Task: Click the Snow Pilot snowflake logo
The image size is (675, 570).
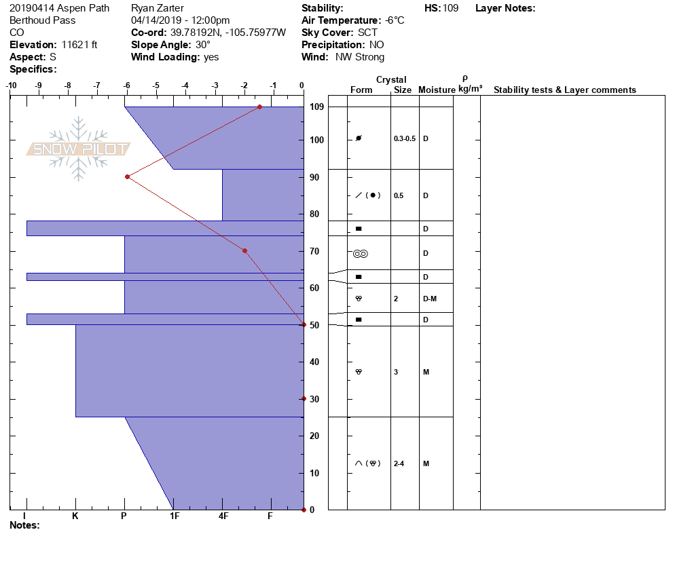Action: [78, 149]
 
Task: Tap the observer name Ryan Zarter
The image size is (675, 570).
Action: [157, 8]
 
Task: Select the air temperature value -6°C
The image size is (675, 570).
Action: [395, 20]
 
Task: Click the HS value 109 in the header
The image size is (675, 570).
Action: [450, 8]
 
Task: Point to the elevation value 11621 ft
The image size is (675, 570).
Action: [79, 45]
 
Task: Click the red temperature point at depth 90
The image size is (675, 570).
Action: [128, 177]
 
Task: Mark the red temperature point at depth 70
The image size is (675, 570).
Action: [245, 251]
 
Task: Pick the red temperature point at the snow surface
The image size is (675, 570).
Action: [259, 107]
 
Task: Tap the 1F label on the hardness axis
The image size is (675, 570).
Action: [175, 516]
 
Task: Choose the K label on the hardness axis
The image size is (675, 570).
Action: [75, 516]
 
